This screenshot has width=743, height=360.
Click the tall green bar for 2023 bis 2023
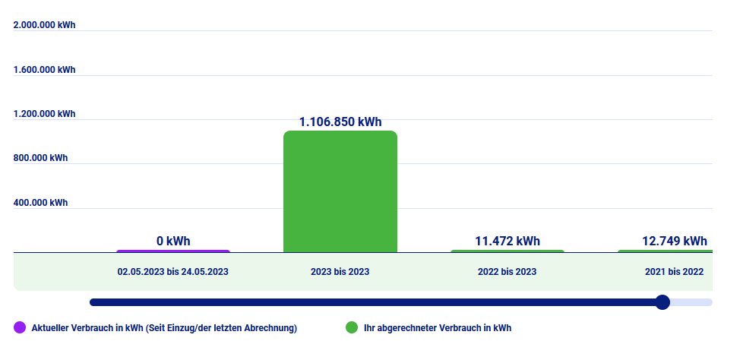coord(340,191)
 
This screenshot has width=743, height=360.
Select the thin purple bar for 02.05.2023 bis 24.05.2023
coord(172,251)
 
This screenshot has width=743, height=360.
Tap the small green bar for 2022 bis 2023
coord(507,251)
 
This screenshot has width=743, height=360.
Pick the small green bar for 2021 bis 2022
coord(666,251)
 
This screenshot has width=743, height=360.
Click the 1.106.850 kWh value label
coord(340,122)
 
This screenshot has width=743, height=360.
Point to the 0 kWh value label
coord(173,241)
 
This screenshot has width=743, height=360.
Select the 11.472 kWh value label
coord(507,241)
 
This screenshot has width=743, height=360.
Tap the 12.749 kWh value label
coord(674,241)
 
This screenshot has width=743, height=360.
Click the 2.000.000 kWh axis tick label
coord(45,25)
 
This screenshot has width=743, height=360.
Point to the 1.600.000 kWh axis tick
coord(45,70)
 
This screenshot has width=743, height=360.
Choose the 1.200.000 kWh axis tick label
coord(45,114)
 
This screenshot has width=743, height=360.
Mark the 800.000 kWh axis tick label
coord(41,159)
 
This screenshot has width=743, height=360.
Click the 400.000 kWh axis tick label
coord(41,203)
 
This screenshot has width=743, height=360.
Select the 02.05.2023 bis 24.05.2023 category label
coord(172,271)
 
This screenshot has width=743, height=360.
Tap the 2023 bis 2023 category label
coord(340,271)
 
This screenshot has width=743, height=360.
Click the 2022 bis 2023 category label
coord(507,271)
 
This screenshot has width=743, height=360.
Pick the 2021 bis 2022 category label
coord(674,271)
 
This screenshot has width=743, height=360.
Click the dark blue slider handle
coord(662,302)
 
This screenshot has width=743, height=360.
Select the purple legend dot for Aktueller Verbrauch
coord(20,328)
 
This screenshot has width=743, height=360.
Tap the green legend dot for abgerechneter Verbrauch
coord(351,328)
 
